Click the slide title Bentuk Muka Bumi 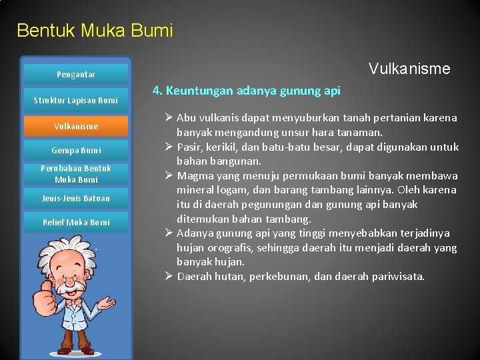pyautogui.click(x=94, y=31)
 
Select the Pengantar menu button pyautogui.click(x=75, y=75)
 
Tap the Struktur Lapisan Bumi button pyautogui.click(x=75, y=101)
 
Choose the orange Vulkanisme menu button pyautogui.click(x=75, y=126)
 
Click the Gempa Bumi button pyautogui.click(x=75, y=151)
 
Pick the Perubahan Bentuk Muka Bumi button pyautogui.click(x=75, y=174)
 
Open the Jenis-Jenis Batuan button pyautogui.click(x=75, y=199)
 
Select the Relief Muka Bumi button pyautogui.click(x=75, y=223)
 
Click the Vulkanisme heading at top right pyautogui.click(x=409, y=69)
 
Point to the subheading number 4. pyautogui.click(x=156, y=91)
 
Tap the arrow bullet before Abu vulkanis pyautogui.click(x=169, y=118)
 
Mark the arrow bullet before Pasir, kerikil pyautogui.click(x=169, y=147)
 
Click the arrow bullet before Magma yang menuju pyautogui.click(x=169, y=176)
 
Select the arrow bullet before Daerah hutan pyautogui.click(x=169, y=276)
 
